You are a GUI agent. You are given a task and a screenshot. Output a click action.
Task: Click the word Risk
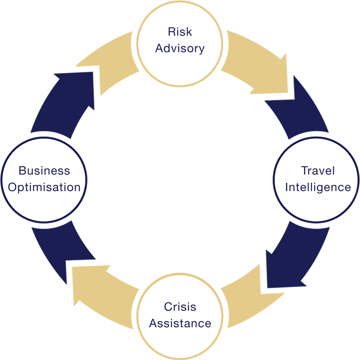click(180, 31)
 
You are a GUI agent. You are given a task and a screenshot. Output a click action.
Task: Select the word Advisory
click(180, 49)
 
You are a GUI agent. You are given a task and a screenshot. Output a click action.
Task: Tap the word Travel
click(318, 171)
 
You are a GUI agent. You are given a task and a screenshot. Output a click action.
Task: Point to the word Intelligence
click(318, 188)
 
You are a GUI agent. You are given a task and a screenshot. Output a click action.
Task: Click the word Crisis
click(180, 307)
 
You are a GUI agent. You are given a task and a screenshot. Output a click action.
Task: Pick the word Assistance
click(180, 323)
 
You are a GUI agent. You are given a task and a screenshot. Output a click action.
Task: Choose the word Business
click(44, 171)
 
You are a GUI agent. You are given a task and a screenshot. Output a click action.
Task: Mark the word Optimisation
click(44, 188)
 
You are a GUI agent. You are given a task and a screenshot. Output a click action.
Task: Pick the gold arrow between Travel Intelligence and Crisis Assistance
click(252, 298)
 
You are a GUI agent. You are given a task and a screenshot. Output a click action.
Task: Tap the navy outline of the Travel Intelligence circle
click(274, 180)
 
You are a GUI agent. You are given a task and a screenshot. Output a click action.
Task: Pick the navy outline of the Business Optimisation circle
click(1, 180)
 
